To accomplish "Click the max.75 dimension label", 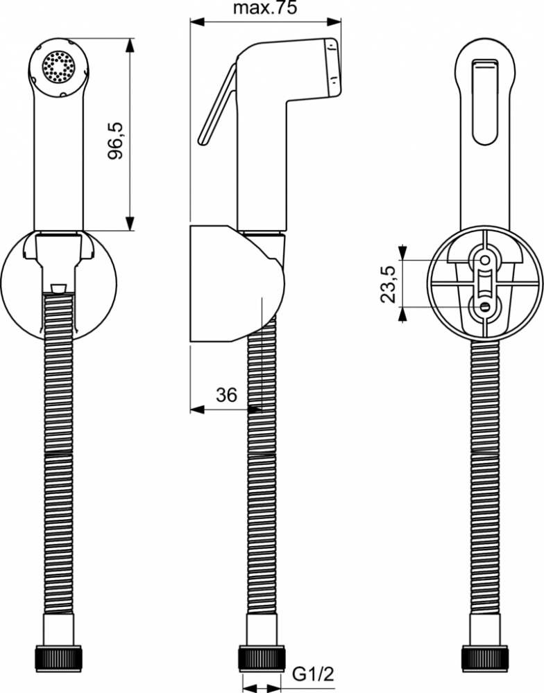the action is click(265, 8).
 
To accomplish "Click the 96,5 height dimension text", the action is click(116, 141).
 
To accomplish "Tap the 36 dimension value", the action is click(226, 395).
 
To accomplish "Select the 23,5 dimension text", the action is click(387, 284).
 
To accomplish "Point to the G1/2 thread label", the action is click(313, 675).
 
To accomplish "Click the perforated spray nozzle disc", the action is click(58, 67).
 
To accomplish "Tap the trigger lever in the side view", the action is click(217, 105).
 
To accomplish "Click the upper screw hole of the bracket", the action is click(485, 261).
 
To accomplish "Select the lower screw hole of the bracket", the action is click(485, 307).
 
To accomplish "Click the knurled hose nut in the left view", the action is click(59, 658).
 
